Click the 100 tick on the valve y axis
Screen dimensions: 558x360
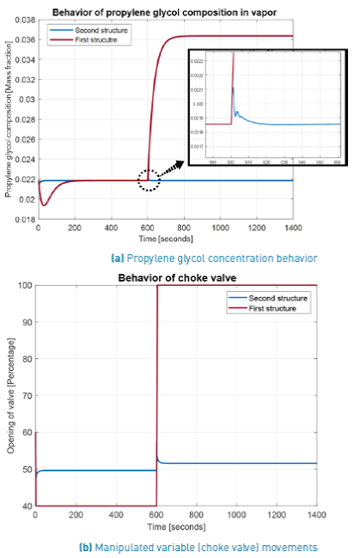point(23,286)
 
